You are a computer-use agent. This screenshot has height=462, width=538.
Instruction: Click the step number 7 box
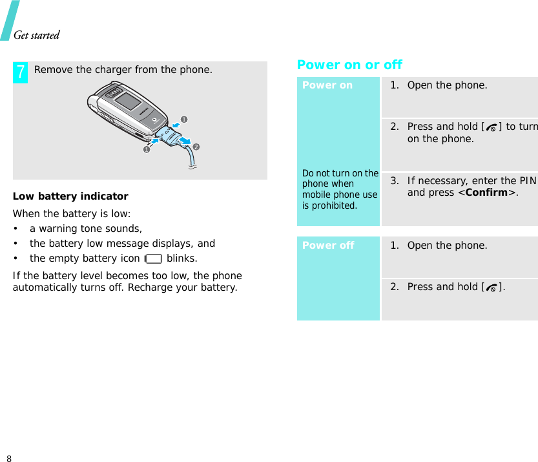tap(21, 72)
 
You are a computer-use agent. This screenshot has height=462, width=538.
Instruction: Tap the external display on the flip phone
tap(128, 101)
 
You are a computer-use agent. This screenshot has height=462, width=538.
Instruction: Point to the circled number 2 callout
tap(196, 147)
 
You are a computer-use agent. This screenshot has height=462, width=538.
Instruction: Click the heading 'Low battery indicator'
tap(70, 196)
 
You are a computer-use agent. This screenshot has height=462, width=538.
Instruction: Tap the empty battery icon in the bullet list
tap(154, 259)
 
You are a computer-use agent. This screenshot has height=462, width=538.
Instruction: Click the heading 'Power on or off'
tap(349, 65)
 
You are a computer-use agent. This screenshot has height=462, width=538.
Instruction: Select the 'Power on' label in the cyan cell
tap(327, 85)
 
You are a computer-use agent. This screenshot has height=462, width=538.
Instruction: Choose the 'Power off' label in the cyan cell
tap(328, 246)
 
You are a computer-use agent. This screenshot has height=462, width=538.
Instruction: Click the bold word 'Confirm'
tap(486, 193)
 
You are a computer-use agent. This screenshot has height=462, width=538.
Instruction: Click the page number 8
tap(8, 458)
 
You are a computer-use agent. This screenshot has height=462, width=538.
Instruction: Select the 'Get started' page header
tap(37, 35)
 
